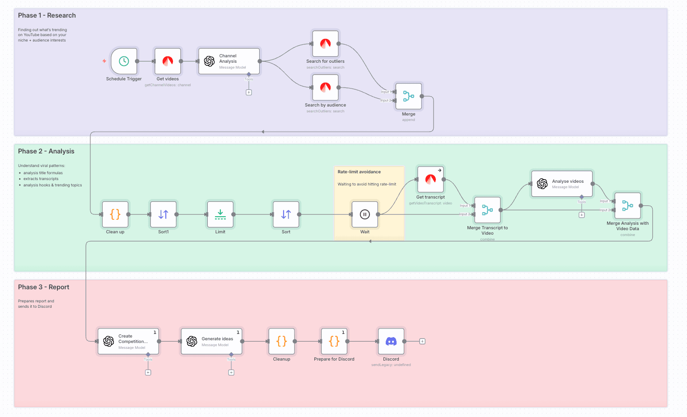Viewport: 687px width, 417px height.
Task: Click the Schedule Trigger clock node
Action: pos(124,61)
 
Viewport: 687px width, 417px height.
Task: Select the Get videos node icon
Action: pos(168,61)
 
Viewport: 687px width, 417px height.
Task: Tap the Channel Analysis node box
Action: pos(229,61)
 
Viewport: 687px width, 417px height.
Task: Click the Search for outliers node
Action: pos(325,44)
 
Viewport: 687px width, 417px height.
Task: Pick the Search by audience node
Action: pos(325,88)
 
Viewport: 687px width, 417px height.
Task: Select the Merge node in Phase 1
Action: pos(409,96)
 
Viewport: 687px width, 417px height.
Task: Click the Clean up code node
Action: pos(115,214)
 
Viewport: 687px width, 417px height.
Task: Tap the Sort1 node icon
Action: pos(163,214)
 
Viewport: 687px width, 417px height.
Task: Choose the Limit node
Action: pos(220,214)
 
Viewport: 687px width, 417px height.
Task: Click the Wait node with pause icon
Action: pos(365,214)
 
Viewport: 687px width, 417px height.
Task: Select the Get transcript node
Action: pos(430,180)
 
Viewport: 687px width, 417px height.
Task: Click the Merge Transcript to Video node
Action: pos(487,210)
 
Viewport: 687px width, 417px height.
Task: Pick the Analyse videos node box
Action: pos(562,184)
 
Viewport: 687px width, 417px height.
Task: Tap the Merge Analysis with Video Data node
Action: pos(627,206)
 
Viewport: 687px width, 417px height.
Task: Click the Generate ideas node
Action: pos(212,341)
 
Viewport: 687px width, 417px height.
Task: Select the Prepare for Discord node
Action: pos(334,341)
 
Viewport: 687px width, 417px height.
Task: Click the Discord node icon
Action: pos(391,341)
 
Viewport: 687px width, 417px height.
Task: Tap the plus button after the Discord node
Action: pos(422,341)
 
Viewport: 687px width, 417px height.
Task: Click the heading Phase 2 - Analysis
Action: pos(46,151)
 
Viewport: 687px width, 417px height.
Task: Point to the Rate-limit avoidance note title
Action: pos(359,172)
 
